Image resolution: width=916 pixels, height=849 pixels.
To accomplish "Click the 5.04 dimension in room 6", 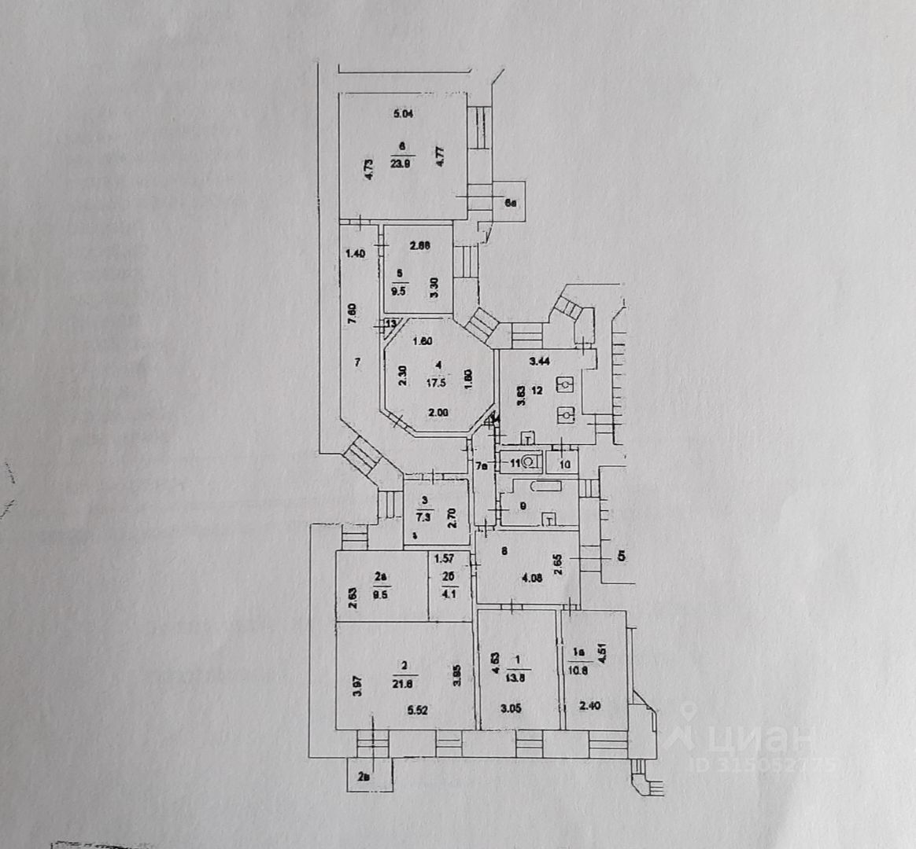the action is click(403, 114).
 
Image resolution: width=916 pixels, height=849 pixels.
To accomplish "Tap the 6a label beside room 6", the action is click(511, 204).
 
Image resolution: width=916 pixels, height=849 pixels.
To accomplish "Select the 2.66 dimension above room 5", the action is click(419, 245).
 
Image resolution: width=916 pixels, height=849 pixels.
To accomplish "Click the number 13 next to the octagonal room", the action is click(390, 324).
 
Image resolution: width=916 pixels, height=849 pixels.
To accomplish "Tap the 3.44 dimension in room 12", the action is click(539, 362).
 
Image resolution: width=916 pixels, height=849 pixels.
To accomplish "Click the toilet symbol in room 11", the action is click(530, 462).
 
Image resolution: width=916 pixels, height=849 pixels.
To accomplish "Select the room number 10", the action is click(565, 464).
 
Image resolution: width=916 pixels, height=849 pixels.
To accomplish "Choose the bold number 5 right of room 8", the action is click(621, 557).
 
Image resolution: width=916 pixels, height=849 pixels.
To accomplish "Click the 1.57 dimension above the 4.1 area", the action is click(445, 560).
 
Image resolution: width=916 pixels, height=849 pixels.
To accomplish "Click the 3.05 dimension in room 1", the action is click(512, 707).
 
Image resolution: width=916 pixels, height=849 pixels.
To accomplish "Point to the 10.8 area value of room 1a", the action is click(579, 671).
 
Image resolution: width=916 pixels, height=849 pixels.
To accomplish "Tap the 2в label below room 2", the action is click(363, 777).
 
